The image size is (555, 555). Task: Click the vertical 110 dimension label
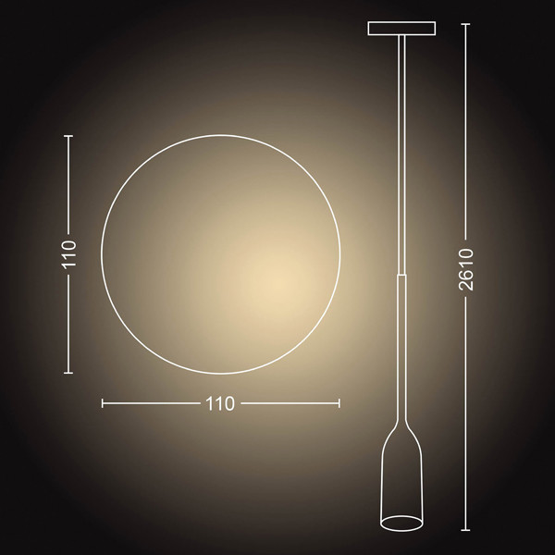[x=68, y=254]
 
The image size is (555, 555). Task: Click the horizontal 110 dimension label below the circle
[x=220, y=403]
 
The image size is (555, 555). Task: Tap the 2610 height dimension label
[x=466, y=270]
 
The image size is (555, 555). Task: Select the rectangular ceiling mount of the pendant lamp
[x=401, y=29]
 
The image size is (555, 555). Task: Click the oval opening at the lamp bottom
[x=401, y=524]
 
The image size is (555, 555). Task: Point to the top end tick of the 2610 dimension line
[x=465, y=24]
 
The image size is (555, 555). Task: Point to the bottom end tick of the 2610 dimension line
[x=465, y=530]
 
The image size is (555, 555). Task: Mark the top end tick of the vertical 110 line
[x=68, y=136]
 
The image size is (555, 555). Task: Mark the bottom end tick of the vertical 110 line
[x=68, y=373]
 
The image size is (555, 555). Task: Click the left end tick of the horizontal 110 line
[x=103, y=403]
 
